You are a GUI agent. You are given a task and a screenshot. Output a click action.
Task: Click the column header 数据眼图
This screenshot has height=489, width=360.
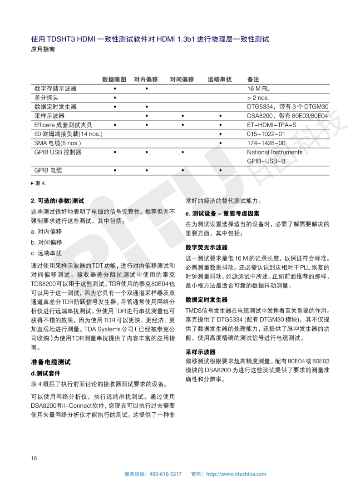(114, 79)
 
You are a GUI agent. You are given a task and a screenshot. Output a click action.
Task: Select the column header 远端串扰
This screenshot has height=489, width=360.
(220, 79)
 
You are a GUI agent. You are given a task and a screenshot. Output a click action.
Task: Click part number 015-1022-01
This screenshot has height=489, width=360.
(266, 134)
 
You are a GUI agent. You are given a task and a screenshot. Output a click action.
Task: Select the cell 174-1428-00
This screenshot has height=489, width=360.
(266, 143)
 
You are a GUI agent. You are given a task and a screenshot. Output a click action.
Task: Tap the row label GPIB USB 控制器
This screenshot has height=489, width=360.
(58, 152)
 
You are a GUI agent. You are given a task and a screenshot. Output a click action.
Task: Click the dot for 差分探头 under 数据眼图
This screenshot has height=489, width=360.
(115, 98)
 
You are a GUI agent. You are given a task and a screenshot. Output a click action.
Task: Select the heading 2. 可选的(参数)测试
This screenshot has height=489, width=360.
(57, 200)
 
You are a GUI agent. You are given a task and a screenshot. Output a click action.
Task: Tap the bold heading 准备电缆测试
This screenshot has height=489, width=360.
(50, 362)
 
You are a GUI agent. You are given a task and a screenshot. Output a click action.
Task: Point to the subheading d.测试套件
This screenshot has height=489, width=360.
(45, 373)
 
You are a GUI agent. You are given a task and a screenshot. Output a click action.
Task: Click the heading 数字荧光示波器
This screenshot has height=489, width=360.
(207, 247)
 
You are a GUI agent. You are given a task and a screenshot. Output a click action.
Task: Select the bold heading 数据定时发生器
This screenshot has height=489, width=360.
(207, 300)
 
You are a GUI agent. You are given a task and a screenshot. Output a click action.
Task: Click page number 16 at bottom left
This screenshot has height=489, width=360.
(34, 457)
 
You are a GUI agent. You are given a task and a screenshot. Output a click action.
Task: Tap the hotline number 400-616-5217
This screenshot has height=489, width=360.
(165, 474)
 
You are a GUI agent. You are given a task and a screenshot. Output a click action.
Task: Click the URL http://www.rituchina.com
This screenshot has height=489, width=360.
(236, 474)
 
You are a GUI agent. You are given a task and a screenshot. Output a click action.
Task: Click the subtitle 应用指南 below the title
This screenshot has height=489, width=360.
(43, 49)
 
